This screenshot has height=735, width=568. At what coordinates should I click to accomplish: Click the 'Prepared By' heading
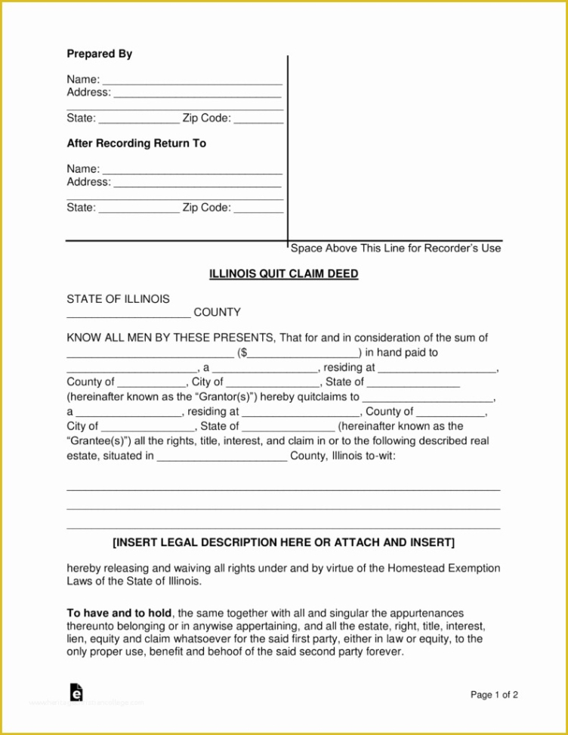tap(100, 54)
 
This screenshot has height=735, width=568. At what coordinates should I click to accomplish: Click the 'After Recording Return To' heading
tap(136, 144)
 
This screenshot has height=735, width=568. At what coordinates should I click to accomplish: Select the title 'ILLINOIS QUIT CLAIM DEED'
tap(283, 274)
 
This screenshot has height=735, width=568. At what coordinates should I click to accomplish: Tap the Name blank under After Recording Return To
tap(192, 170)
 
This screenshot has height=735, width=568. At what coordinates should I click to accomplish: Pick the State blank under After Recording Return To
tap(139, 208)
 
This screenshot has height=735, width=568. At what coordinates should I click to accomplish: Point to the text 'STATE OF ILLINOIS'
tap(118, 299)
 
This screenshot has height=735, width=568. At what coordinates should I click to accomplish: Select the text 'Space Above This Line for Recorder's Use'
tap(396, 249)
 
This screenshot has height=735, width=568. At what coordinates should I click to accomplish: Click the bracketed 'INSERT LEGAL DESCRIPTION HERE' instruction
tap(283, 543)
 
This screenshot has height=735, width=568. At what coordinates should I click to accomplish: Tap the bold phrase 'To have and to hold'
tap(119, 613)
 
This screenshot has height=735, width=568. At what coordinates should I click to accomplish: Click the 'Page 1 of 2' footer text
tap(494, 695)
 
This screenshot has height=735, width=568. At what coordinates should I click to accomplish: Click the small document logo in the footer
tap(76, 692)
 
